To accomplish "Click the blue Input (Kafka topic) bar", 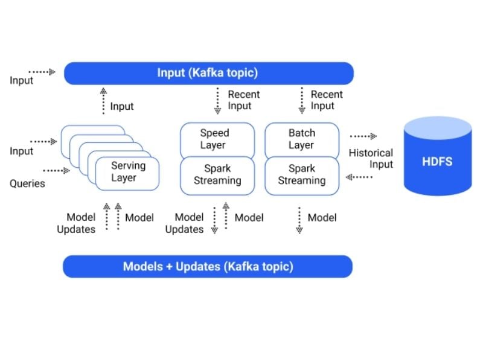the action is point(208,73).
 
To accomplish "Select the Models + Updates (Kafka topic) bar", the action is point(208,267).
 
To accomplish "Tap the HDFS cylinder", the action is point(437,156).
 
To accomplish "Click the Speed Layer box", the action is point(217,141).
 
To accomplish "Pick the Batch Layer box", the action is point(302,141).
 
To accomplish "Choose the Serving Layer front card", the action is point(127,174).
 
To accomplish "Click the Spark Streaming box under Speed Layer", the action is point(217,176).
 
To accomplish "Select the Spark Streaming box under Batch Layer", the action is point(302,176).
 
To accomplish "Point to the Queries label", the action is point(27,183).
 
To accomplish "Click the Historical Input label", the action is point(371,159).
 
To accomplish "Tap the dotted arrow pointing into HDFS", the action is point(363,136).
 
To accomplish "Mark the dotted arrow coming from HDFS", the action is point(359,177).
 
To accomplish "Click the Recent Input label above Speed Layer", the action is point(244,100).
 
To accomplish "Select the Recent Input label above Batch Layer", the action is point(327,100).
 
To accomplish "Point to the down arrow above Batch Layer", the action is point(302,100).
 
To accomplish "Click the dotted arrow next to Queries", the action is point(56,171).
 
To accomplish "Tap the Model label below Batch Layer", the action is point(322,218).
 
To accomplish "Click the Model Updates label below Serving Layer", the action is point(77,223).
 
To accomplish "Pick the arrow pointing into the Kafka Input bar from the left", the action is point(42,72).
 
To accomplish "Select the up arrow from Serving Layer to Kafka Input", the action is point(103,101).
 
